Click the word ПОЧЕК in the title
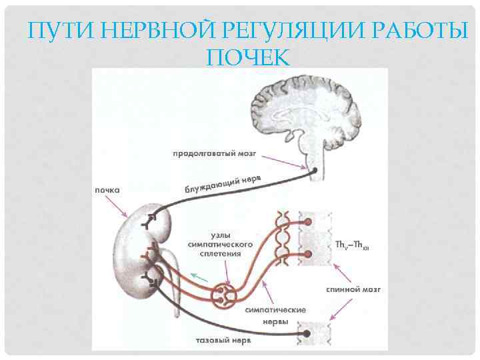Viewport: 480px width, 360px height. (248, 57)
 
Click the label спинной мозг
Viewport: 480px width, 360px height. (353, 291)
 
